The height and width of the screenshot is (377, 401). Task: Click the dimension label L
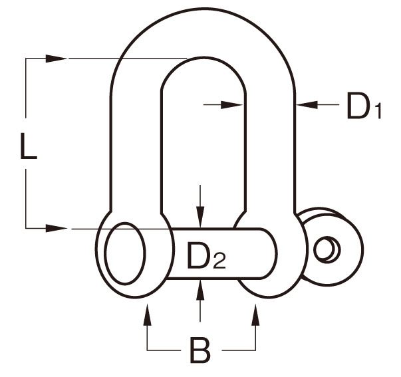tap(29, 146)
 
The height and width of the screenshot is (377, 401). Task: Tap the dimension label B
tap(200, 350)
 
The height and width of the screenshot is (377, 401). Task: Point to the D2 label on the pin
tap(206, 255)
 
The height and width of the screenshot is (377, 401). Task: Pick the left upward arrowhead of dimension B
tap(147, 314)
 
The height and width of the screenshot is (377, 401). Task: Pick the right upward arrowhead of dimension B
tap(255, 314)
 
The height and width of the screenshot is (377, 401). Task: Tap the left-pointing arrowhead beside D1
tap(307, 104)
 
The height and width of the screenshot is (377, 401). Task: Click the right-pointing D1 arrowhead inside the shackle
tap(231, 104)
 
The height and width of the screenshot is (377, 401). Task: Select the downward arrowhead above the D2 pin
tap(200, 217)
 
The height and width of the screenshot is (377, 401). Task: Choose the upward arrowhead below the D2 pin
tap(200, 290)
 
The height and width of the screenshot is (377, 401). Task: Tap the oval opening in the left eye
tap(125, 253)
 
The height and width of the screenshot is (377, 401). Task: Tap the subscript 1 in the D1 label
tap(378, 111)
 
